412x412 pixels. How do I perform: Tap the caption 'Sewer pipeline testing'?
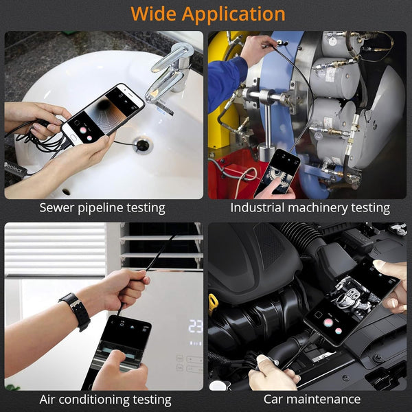click(102, 207)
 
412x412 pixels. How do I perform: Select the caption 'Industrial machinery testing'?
click(310, 207)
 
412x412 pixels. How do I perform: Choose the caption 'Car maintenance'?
click(312, 399)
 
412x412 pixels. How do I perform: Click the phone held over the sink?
click(103, 114)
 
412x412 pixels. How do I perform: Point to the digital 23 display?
click(195, 326)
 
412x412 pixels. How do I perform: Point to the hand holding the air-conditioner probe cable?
click(124, 285)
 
